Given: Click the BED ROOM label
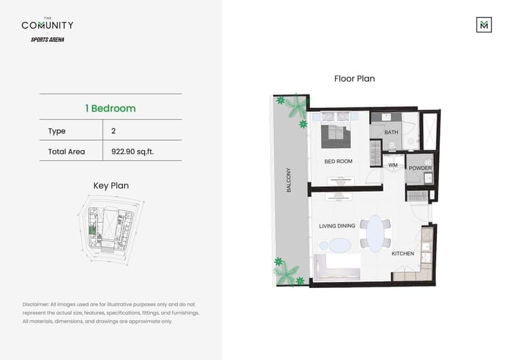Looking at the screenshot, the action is coord(338,161).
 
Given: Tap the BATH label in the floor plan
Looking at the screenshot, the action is coord(391,132).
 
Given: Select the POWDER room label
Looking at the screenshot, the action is coord(420,168).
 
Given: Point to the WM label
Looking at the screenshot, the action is coord(393,165).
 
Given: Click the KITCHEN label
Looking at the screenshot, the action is coord(402,253).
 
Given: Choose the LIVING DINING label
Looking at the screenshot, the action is coord(337,226).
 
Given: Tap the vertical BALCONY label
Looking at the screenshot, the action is coord(288,180).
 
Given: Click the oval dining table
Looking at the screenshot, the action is coord(375,233).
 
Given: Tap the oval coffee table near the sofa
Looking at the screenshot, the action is coord(339,245).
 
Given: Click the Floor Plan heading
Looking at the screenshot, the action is coord(354,79).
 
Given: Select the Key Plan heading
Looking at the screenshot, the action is coord(111,185).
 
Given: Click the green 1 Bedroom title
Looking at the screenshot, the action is coord(111,108).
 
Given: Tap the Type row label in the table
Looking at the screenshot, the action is coord(57,131).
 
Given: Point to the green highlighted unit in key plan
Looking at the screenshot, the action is coord(92,230).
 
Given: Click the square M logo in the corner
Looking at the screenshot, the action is coord(484,24).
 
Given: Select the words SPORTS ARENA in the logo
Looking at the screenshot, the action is coord(48,39).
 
